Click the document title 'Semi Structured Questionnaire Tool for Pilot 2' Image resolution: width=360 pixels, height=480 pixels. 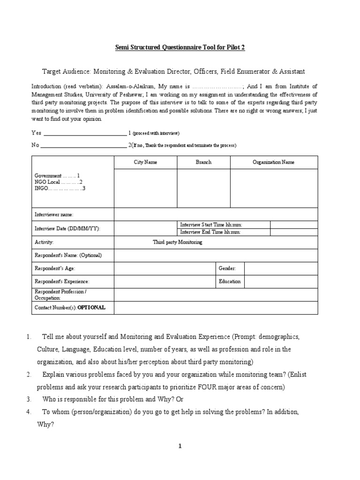180,47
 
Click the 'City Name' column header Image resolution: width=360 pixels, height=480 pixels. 145,162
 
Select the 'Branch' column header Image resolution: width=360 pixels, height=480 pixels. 203,162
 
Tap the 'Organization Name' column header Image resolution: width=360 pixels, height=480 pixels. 274,162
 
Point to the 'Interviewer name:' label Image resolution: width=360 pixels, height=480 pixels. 54,214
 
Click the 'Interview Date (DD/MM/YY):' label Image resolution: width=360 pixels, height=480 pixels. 67,229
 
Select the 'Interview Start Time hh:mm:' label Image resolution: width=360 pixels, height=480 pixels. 211,225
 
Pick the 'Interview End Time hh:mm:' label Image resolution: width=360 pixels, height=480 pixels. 210,232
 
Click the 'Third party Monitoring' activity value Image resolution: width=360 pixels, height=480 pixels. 178,242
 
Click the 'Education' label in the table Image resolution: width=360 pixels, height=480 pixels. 230,282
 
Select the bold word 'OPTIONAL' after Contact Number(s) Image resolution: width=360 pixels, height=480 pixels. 91,307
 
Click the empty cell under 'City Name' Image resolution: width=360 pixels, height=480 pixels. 145,188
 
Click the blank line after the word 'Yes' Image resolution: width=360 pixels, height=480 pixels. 85,133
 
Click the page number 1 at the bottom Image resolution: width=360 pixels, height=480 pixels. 180,446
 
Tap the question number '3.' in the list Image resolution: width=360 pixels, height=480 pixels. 29,399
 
